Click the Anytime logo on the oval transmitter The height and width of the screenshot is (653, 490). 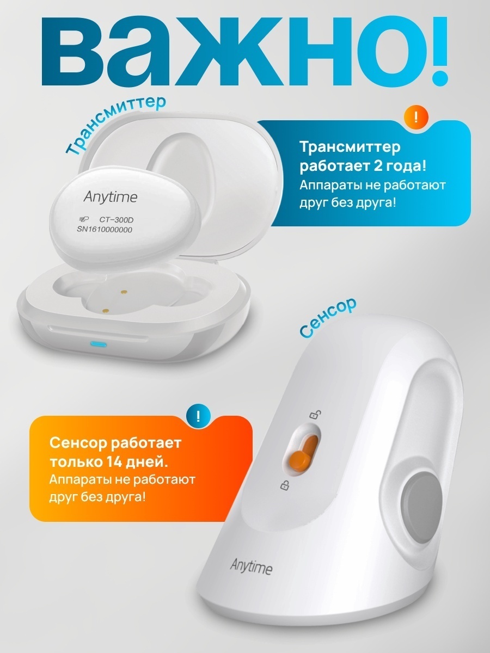(111, 196)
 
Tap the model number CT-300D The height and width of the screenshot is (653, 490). (116, 220)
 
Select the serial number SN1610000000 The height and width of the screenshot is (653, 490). (105, 230)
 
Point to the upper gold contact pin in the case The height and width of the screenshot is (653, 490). (124, 292)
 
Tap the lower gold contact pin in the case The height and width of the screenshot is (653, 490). (105, 311)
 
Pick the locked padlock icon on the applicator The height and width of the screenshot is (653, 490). (285, 485)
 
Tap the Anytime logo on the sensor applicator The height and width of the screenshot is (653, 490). (251, 568)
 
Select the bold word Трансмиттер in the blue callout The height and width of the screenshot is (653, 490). (350, 147)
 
